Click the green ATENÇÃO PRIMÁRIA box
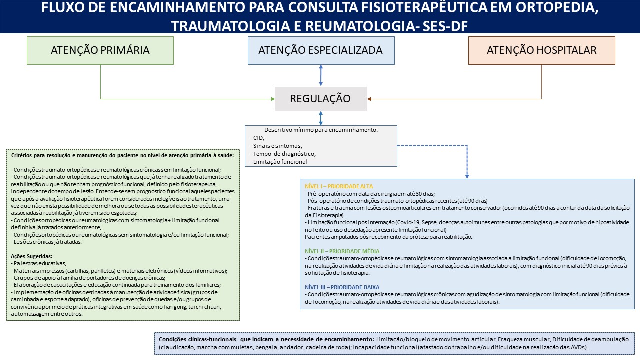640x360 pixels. [100, 50]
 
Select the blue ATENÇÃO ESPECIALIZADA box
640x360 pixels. [321, 50]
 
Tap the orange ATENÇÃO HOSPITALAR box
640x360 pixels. [541, 50]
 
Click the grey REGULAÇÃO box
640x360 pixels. [321, 98]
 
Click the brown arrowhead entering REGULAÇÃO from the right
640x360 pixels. [370, 99]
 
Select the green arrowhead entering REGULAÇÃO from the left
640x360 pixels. [272, 99]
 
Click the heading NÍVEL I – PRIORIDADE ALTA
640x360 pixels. [339, 186]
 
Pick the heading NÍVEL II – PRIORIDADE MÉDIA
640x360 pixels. [342, 251]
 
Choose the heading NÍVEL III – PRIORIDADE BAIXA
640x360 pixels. [342, 287]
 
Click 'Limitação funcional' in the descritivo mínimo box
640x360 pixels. [280, 162]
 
